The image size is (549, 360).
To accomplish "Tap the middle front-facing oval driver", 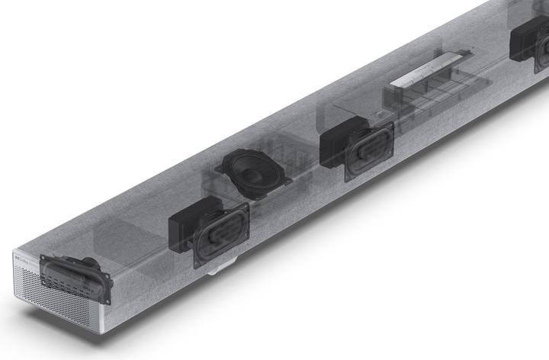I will tap(369, 151).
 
